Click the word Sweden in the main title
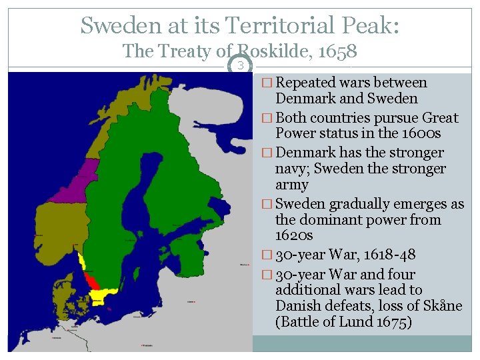click(x=118, y=25)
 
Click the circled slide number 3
click(x=241, y=65)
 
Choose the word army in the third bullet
click(x=292, y=185)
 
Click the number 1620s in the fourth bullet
click(x=294, y=235)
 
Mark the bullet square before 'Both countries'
click(x=267, y=118)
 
